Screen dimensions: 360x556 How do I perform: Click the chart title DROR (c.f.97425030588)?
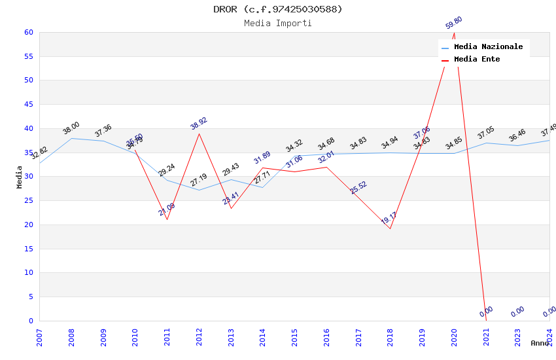coord(278,9)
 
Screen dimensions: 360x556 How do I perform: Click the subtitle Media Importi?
coord(278,23)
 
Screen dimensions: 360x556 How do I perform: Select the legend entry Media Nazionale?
coord(488,47)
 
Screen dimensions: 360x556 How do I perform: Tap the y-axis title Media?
coord(20,177)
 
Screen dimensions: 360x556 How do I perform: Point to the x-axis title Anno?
coord(540,343)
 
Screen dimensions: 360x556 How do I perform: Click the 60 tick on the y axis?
coord(28,32)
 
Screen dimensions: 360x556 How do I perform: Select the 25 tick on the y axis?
coord(28,200)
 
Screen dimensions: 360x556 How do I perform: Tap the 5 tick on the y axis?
coord(30,297)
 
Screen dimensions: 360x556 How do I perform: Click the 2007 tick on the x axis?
coord(39,338)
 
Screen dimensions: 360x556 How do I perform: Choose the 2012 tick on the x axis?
coord(199,338)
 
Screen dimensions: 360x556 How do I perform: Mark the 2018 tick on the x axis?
coord(390,338)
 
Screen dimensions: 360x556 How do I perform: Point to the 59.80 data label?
coord(454,23)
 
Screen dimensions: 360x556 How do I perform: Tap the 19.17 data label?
coord(389,219)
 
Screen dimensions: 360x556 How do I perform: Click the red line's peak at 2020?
coord(454,33)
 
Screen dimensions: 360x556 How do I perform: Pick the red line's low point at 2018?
coord(390,228)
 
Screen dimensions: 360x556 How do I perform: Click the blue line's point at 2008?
coord(71,138)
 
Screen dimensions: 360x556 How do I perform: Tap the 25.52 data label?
coord(358,188)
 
